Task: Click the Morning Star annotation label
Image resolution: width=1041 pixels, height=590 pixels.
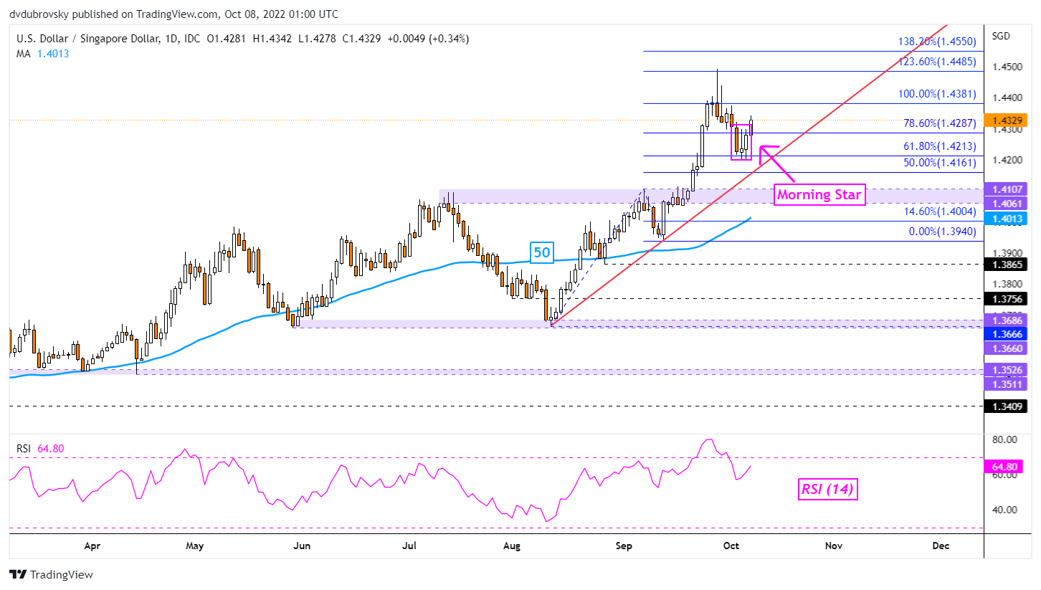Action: point(819,194)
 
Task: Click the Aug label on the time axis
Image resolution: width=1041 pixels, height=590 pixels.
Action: point(511,546)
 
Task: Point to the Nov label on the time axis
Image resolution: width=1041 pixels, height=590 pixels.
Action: point(833,546)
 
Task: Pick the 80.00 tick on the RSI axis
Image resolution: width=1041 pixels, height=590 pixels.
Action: point(1005,439)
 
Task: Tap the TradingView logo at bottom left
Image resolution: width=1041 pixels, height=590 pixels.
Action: point(51,574)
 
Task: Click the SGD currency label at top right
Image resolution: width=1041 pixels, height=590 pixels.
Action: point(1002,36)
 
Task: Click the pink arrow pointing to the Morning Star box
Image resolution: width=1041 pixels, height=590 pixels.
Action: point(776,163)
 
